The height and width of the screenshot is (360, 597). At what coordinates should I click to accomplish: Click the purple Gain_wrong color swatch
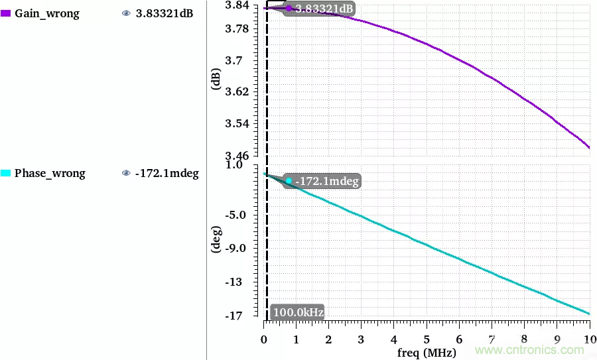[x=6, y=13]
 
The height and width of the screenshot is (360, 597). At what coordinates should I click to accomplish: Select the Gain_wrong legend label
[x=46, y=13]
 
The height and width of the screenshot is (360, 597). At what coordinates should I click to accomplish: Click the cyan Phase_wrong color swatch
[x=6, y=173]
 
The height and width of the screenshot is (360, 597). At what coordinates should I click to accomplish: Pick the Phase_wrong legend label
[x=50, y=173]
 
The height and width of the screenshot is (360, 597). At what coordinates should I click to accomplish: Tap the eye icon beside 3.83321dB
[x=126, y=13]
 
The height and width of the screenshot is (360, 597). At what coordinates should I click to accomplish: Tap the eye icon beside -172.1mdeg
[x=126, y=174]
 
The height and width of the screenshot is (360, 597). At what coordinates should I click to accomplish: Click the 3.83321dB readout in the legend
[x=164, y=13]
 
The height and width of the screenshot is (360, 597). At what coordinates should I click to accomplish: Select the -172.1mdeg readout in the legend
[x=166, y=174]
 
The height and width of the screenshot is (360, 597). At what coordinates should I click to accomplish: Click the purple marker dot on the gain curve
[x=289, y=9]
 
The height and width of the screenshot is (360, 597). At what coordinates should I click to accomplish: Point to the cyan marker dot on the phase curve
[x=289, y=180]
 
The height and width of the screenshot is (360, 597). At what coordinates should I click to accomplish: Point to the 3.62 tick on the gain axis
[x=237, y=91]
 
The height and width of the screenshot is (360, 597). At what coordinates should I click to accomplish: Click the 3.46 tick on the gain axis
[x=237, y=155]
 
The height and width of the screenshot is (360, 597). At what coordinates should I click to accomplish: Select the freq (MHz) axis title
[x=427, y=352]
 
